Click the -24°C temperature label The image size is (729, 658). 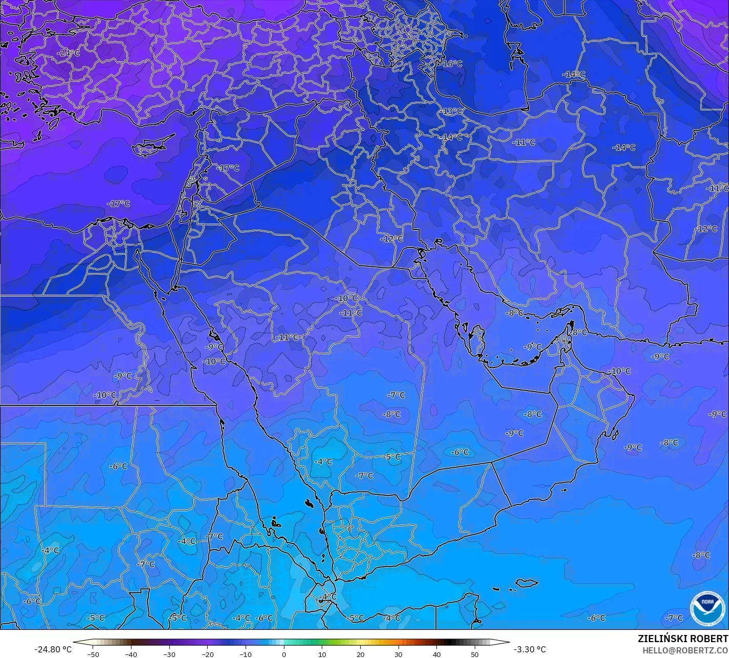[69, 53]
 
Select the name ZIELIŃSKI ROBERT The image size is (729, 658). [683, 639]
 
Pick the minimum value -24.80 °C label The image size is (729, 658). [53, 649]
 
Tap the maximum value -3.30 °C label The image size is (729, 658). [529, 649]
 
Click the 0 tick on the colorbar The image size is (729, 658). [283, 654]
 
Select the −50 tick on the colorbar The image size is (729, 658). [93, 654]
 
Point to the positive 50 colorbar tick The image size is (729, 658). [475, 654]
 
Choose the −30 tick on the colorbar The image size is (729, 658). [169, 654]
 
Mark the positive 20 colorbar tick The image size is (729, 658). [360, 654]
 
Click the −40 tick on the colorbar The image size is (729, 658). [131, 654]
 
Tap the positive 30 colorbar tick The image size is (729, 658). [399, 654]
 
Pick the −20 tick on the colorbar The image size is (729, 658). [207, 654]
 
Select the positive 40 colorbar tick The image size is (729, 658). [436, 654]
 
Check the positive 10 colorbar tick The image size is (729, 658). [322, 654]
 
